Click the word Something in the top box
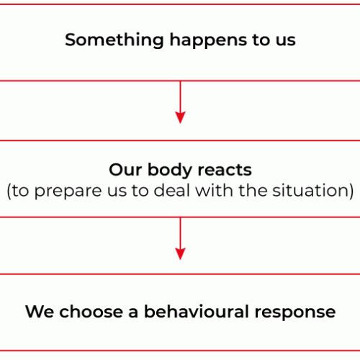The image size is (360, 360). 114,40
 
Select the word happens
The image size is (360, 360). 208,40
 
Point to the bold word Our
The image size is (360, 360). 125,170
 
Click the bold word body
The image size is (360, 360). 170,171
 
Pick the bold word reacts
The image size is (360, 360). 225,171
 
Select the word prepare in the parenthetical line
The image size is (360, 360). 68,192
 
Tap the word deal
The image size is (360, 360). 171,190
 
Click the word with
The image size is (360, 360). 214,190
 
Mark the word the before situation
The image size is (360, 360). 253,190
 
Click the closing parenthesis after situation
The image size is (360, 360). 351,191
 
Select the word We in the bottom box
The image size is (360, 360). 40,312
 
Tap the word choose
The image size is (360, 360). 91,312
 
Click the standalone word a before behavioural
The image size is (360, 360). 133,313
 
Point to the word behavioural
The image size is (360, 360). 196,312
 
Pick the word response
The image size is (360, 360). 295,313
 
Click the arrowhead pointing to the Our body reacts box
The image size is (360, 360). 180,117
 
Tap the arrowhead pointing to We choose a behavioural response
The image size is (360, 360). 180,254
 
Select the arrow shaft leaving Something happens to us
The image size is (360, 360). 180,96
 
